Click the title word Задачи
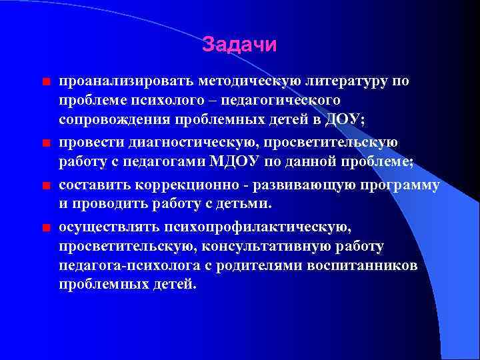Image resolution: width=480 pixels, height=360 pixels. pyautogui.click(x=239, y=45)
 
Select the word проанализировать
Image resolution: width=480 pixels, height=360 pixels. pyautogui.click(x=125, y=81)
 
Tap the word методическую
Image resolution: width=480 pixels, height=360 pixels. pyautogui.click(x=247, y=81)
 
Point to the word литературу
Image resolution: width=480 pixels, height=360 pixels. pyautogui.click(x=347, y=81)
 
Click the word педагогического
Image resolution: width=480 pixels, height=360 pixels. pyautogui.click(x=287, y=100)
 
